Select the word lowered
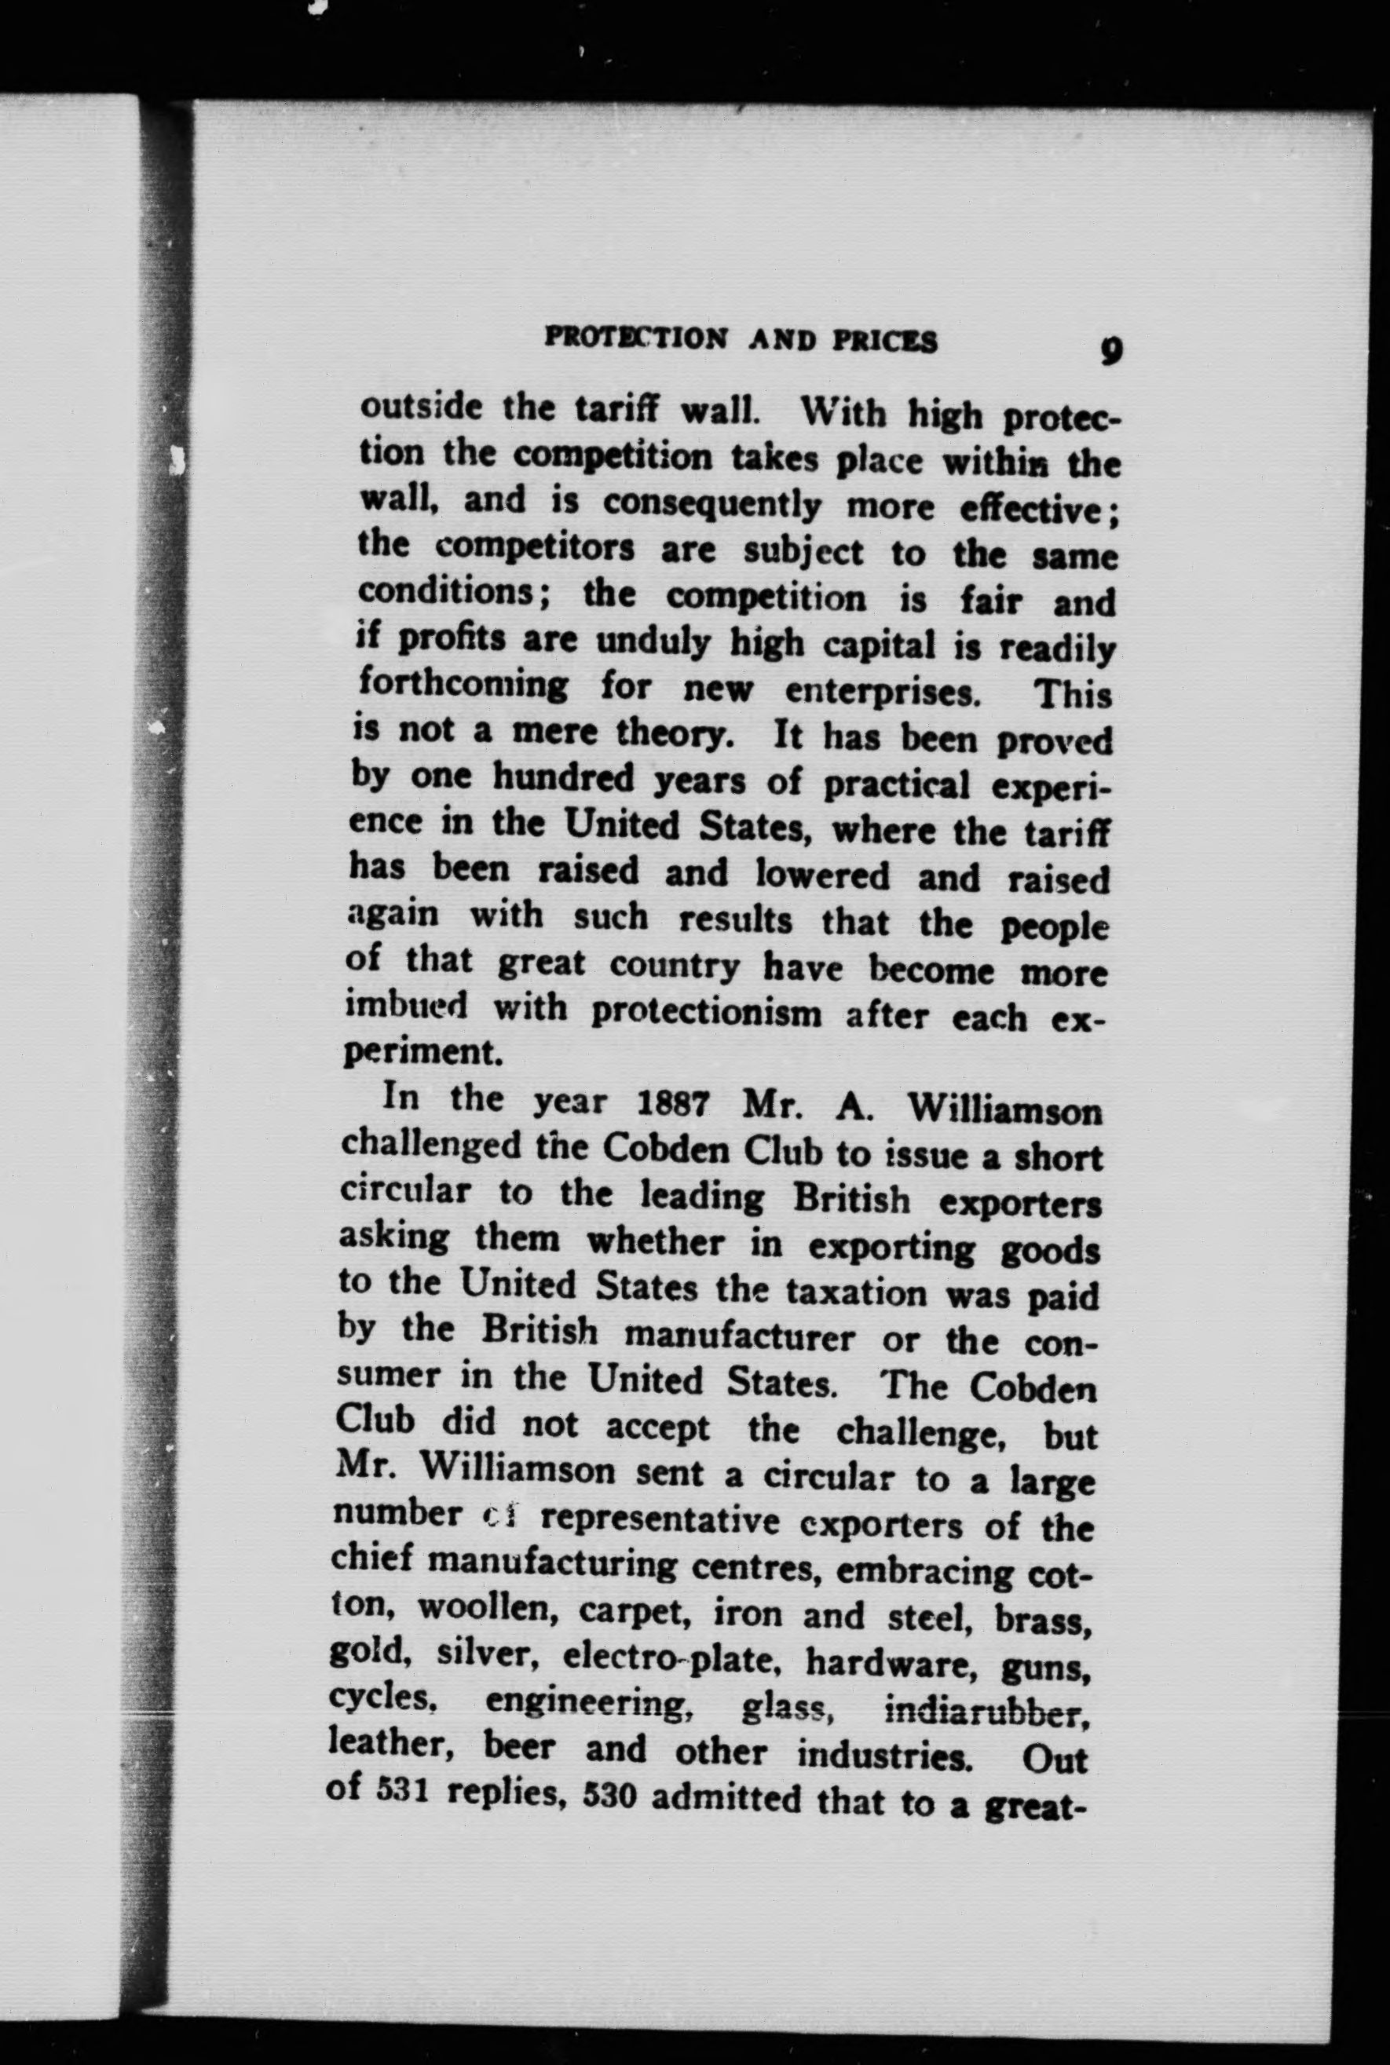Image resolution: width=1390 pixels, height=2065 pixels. point(823,875)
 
